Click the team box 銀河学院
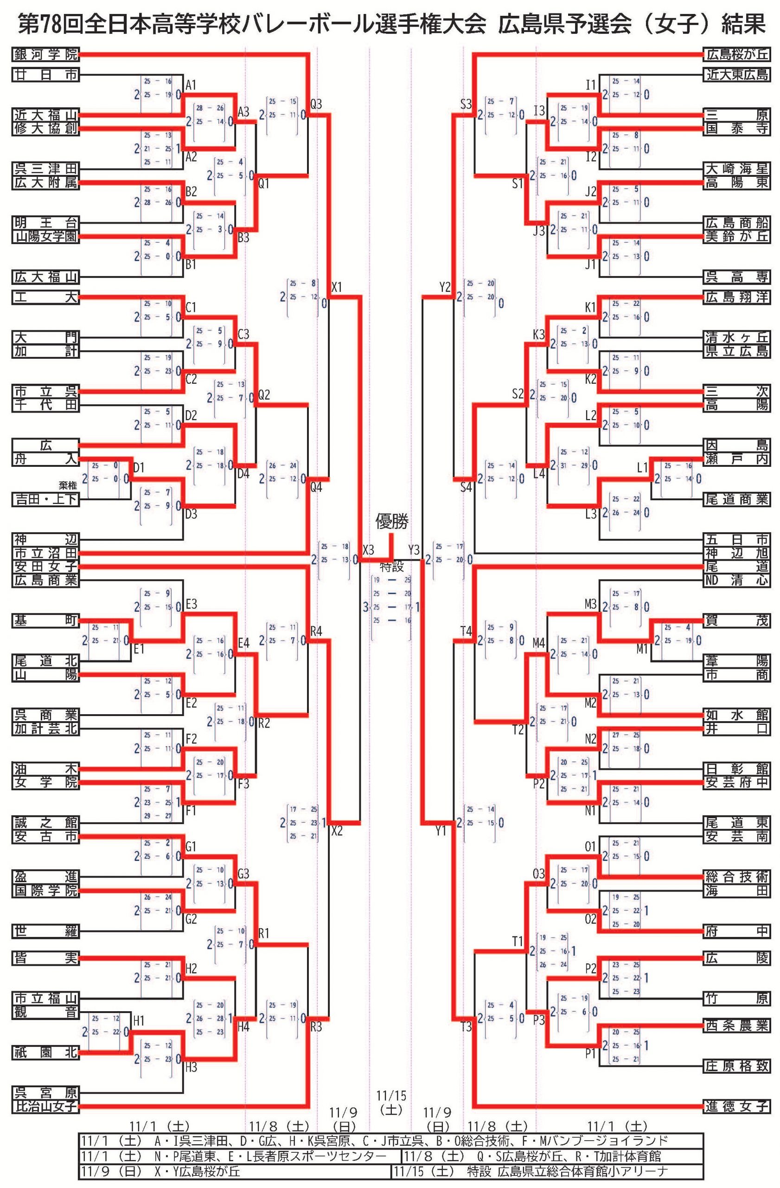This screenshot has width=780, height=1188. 45,54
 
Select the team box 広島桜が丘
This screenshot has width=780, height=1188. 736,54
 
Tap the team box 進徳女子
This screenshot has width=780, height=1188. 736,1106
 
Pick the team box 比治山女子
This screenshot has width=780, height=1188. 45,1106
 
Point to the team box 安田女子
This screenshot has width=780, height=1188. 45,566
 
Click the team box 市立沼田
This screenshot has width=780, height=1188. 45,553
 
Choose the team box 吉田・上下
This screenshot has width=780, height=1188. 45,499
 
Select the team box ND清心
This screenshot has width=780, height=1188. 736,580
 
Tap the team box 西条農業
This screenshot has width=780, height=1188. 736,1011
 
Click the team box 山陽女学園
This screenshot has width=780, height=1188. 45,236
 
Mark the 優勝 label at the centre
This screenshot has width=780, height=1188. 391,522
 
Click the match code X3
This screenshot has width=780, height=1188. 368,550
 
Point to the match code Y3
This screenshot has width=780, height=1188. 414,550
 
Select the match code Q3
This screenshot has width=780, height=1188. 316,104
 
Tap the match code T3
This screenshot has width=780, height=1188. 466,1027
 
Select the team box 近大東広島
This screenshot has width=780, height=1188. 736,75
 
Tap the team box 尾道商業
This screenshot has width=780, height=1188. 736,499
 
